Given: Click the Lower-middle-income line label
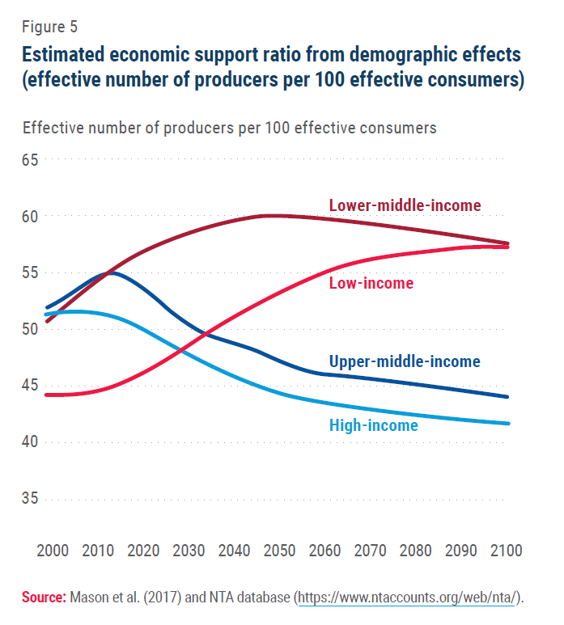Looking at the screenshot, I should [x=405, y=205].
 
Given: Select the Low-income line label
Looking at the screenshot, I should [x=371, y=283].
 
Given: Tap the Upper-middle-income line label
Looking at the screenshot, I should [x=405, y=361].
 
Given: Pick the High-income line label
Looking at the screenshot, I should [x=374, y=424].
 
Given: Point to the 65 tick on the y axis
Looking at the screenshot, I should [x=31, y=160].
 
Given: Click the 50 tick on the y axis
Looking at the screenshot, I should [x=31, y=329].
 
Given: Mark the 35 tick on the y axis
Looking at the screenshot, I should [x=31, y=498].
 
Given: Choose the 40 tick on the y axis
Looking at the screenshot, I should [x=31, y=441].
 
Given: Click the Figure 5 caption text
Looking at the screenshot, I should [x=49, y=26].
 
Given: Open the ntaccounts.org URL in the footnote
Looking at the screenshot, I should [x=410, y=598].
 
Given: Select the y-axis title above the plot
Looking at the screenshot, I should [x=230, y=128].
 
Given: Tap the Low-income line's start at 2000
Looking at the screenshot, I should [x=47, y=395].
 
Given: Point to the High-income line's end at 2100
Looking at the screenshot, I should [x=508, y=423].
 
